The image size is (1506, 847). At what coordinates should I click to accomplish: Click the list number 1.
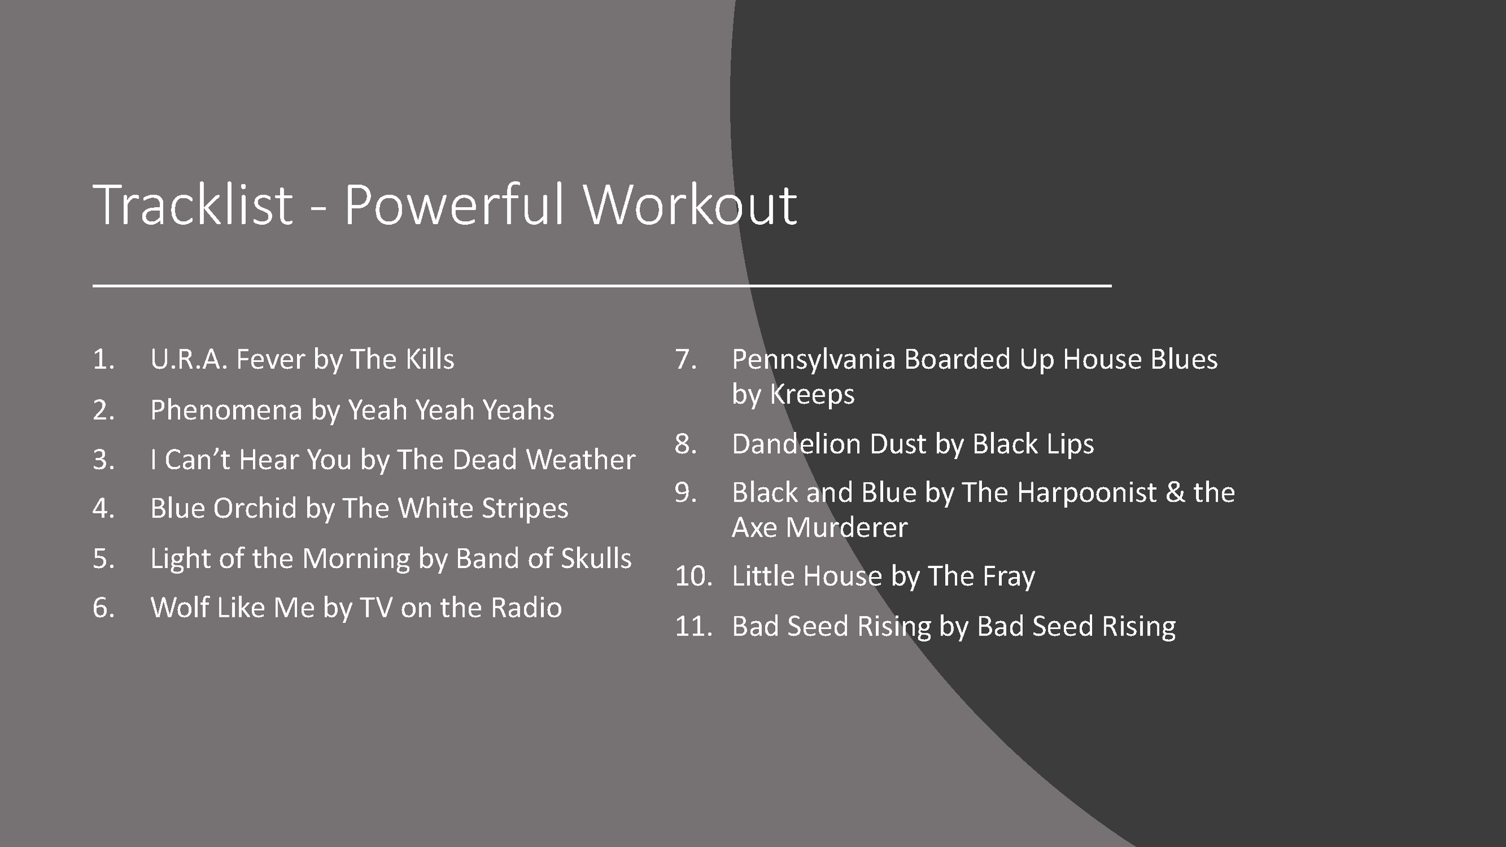(102, 360)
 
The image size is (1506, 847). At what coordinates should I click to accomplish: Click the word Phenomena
(226, 410)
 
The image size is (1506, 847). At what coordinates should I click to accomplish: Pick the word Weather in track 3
(581, 460)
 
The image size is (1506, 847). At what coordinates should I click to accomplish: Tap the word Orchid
(255, 508)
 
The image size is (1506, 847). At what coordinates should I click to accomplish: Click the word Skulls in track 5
(596, 558)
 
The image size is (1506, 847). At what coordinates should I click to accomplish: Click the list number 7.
(685, 360)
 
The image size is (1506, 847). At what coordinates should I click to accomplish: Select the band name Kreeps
(812, 395)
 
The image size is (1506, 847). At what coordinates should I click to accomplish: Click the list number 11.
(693, 627)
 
